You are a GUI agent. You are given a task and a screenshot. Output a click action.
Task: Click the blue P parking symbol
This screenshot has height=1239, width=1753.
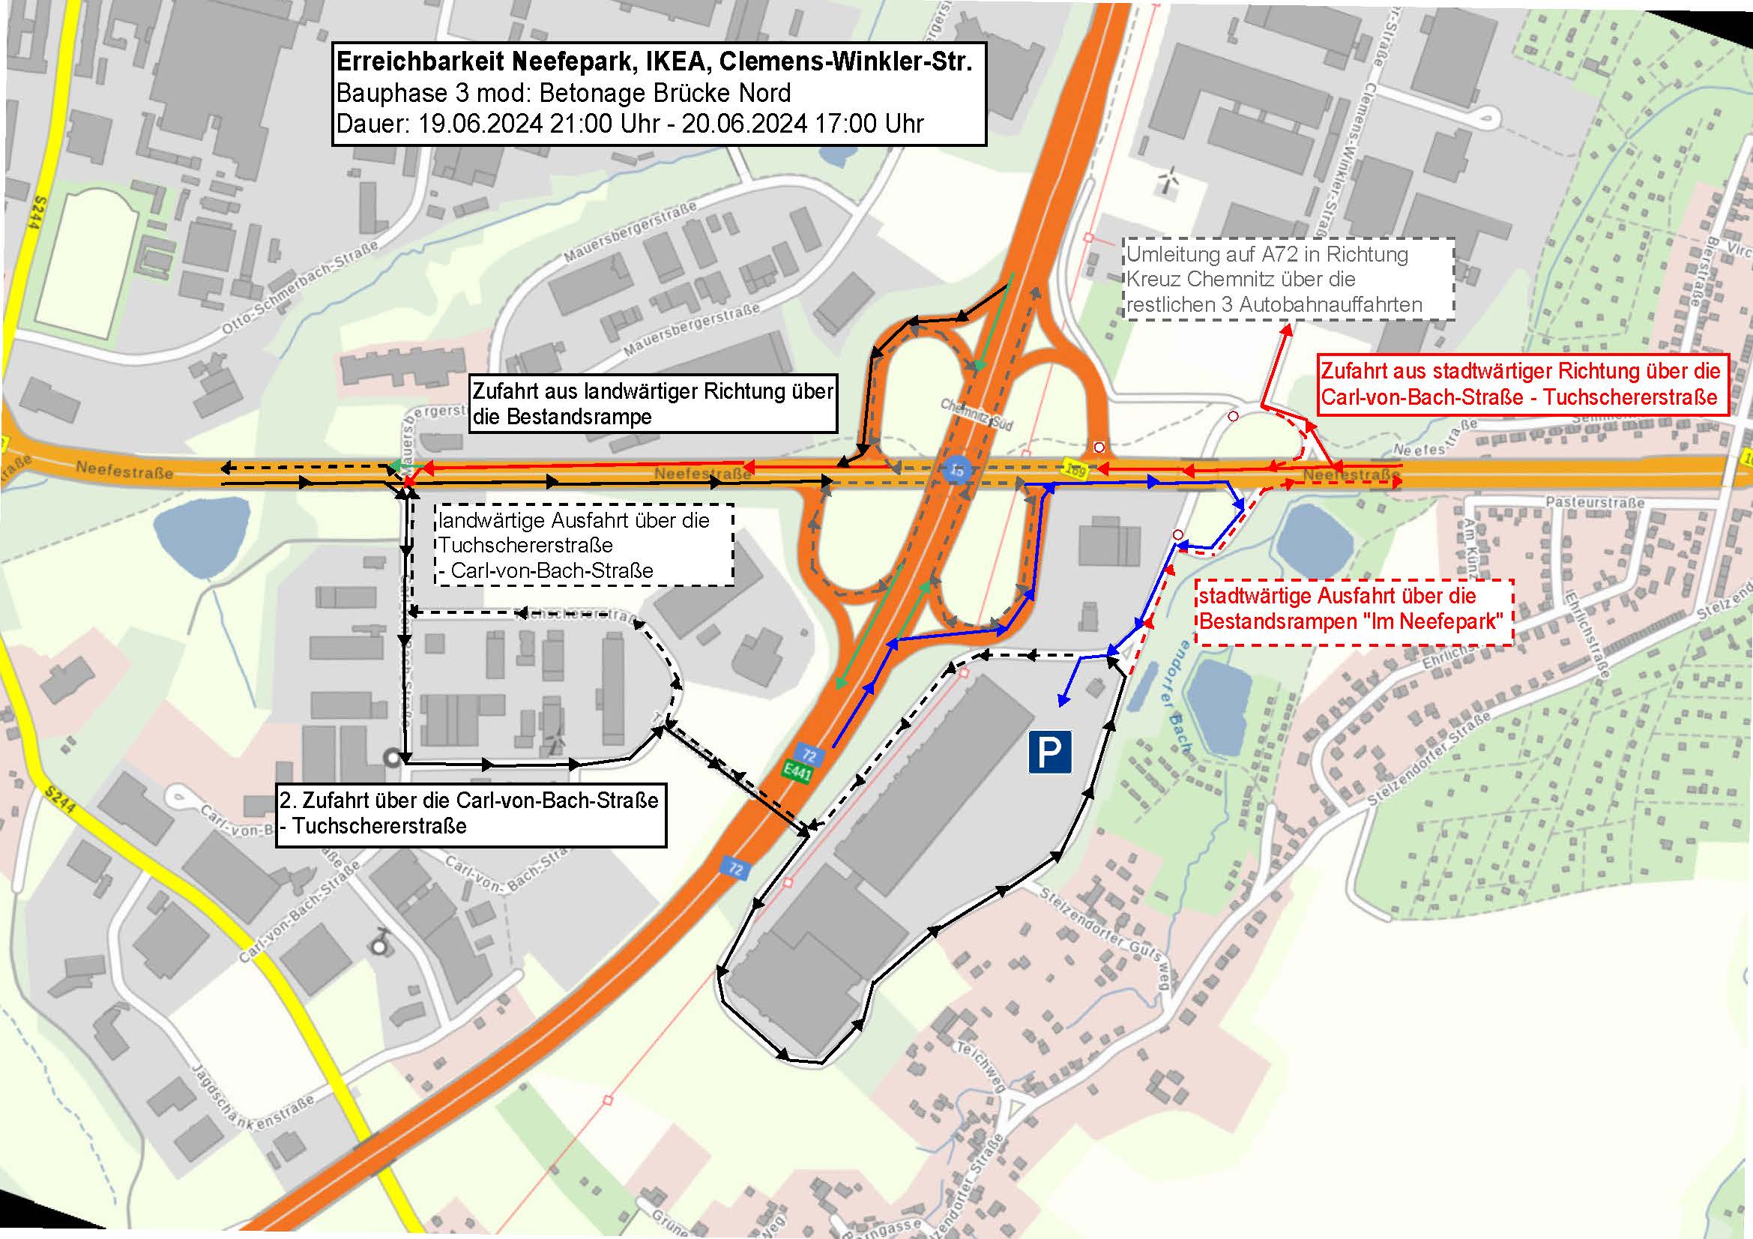click(x=1050, y=752)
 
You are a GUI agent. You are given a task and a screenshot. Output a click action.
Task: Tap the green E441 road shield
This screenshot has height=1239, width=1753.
click(x=797, y=772)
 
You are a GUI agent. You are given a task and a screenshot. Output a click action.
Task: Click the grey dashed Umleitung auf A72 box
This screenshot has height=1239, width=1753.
click(x=1289, y=279)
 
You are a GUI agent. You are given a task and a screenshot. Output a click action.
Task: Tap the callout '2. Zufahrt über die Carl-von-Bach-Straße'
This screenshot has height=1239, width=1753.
click(x=471, y=814)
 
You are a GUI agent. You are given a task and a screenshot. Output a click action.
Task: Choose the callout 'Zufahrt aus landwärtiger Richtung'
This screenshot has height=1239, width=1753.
click(x=653, y=404)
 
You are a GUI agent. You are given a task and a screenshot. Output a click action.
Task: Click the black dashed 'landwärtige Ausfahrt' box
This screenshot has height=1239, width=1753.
click(x=583, y=545)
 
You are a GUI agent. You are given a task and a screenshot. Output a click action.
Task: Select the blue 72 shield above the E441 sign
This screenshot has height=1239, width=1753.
click(x=809, y=756)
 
